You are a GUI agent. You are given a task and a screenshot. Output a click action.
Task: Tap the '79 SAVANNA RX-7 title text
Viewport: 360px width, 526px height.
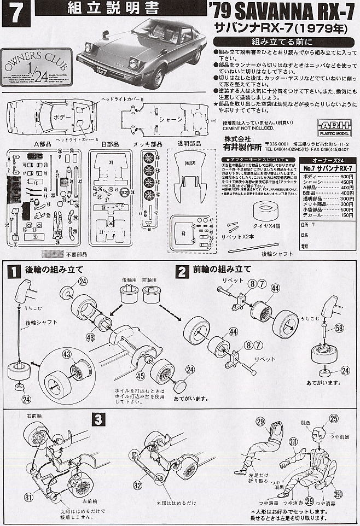click(284, 10)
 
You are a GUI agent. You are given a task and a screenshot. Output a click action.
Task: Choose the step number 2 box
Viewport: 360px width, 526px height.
click(181, 270)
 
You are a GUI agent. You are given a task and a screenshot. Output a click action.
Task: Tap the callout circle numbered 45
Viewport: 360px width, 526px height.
click(140, 375)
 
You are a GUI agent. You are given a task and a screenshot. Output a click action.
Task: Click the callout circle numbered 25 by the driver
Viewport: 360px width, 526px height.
click(334, 419)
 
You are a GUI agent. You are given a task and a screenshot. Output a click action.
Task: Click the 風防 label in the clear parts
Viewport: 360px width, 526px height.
click(190, 162)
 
